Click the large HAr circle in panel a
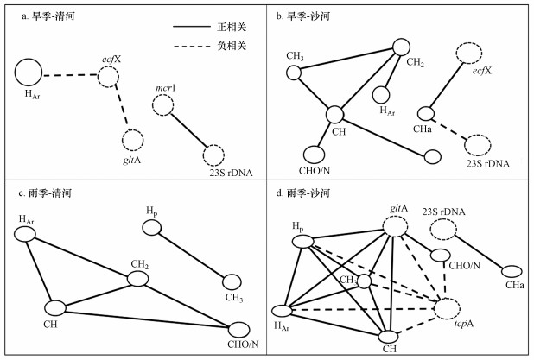point(27,73)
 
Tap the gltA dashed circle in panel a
point(132,140)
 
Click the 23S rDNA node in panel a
point(215,155)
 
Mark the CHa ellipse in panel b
point(425,113)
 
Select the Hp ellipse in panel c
point(151,228)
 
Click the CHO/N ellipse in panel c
point(240,329)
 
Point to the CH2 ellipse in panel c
point(137,278)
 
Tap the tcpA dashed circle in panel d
point(448,307)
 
